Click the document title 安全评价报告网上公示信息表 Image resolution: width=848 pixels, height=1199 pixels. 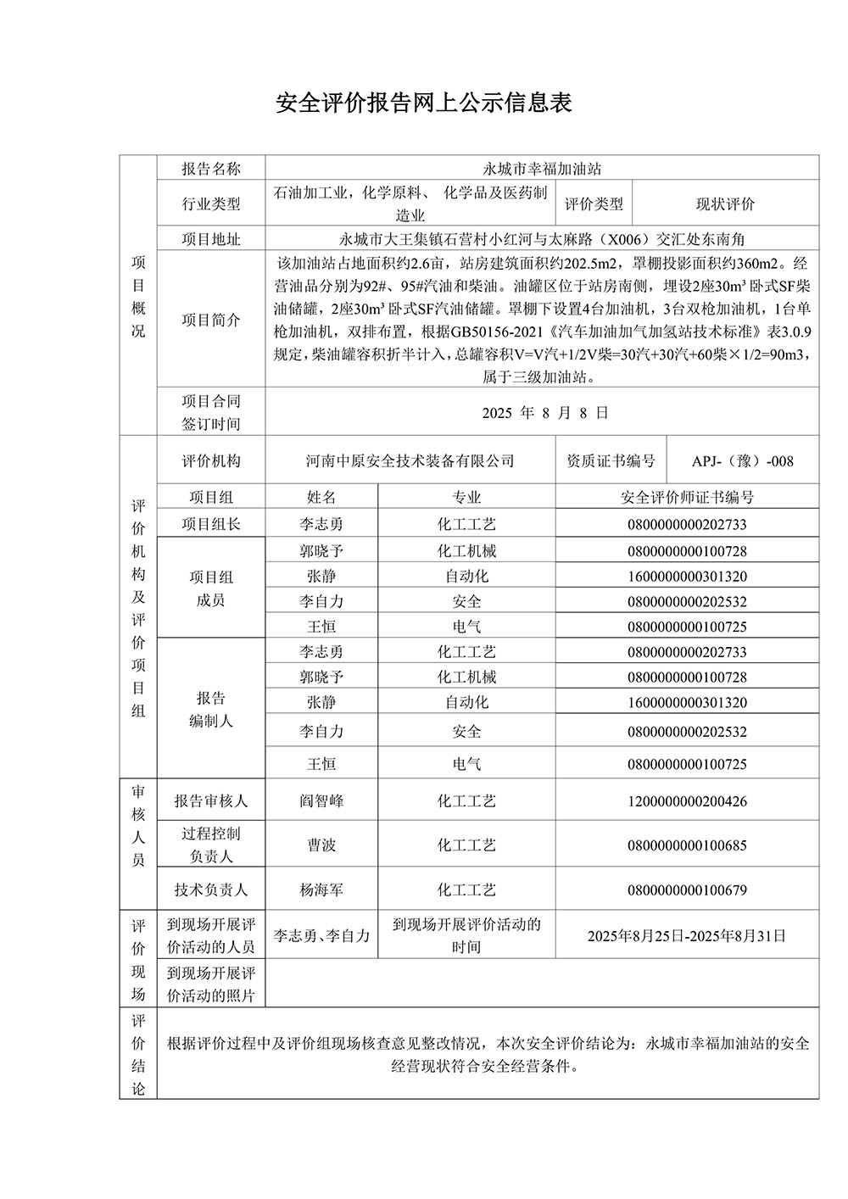click(x=424, y=103)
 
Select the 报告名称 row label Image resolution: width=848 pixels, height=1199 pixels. click(x=211, y=169)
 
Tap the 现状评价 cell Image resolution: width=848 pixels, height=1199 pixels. click(x=725, y=204)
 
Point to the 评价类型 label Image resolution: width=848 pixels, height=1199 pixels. click(x=594, y=204)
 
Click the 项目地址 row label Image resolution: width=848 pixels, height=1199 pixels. click(x=211, y=240)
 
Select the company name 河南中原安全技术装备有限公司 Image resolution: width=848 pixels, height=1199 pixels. click(x=410, y=461)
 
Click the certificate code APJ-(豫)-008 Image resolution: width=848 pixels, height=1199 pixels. click(x=743, y=461)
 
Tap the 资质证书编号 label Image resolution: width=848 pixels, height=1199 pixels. click(x=611, y=461)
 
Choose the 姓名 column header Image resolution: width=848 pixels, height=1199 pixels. click(x=321, y=498)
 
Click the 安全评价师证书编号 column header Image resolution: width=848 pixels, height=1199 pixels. click(x=687, y=498)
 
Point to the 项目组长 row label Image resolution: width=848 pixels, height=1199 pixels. click(x=211, y=525)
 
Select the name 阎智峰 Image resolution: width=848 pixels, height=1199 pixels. click(x=321, y=801)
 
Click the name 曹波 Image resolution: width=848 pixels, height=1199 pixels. click(x=321, y=845)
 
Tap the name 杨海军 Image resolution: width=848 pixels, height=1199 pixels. click(x=321, y=890)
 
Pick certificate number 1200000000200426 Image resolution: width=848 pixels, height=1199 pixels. click(x=687, y=801)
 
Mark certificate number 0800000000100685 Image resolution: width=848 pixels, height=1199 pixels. click(x=687, y=845)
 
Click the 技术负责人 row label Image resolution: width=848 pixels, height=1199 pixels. click(x=211, y=890)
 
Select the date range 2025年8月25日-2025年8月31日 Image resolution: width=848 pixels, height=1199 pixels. click(x=687, y=936)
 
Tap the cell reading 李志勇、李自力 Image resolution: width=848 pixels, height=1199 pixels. click(x=321, y=936)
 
